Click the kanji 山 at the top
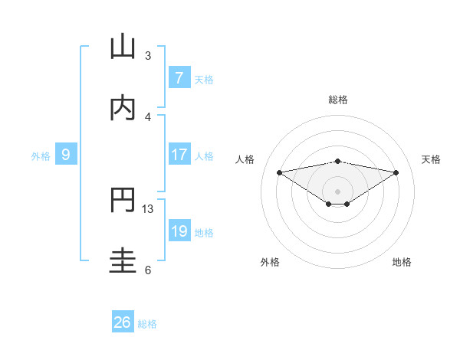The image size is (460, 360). click(x=123, y=47)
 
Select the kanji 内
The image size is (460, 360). click(x=123, y=108)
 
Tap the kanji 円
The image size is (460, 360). click(x=123, y=200)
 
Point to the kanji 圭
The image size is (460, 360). click(x=123, y=261)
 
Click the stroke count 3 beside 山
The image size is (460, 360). click(x=148, y=55)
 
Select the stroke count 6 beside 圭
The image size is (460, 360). click(x=148, y=270)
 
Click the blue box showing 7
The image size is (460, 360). click(x=179, y=77)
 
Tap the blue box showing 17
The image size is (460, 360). click(x=179, y=155)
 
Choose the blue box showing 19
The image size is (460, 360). click(x=179, y=231)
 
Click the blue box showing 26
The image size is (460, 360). click(x=123, y=322)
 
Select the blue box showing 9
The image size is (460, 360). click(x=66, y=155)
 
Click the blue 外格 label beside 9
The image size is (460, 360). click(x=41, y=155)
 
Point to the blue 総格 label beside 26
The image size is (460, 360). click(x=147, y=324)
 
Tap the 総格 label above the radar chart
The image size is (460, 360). click(x=338, y=100)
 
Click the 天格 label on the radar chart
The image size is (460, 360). click(x=431, y=159)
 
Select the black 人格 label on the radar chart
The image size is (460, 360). click(x=246, y=159)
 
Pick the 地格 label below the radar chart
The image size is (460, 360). click(x=402, y=262)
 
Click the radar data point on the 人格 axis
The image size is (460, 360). click(x=279, y=172)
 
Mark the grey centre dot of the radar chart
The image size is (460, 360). click(x=338, y=191)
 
